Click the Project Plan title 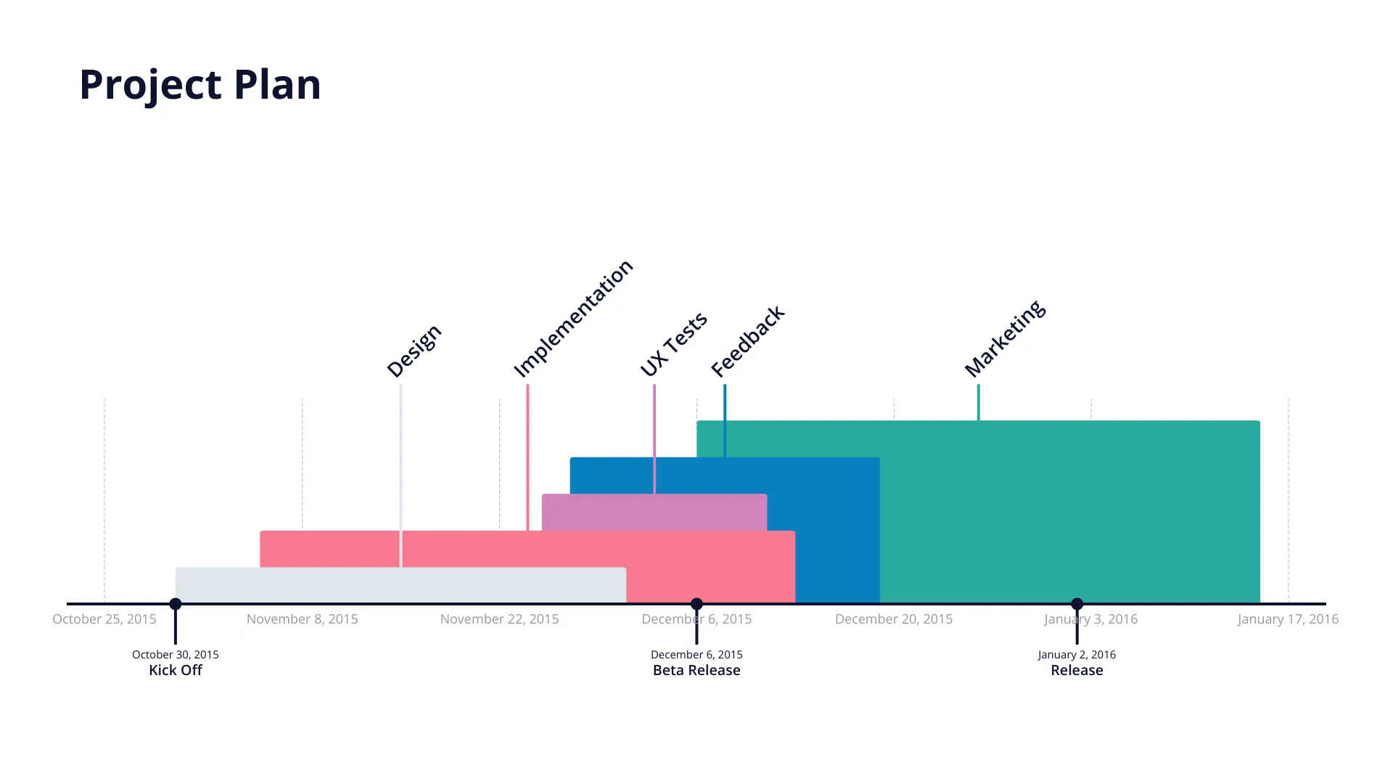[200, 84]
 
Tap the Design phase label [414, 351]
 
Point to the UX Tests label [673, 344]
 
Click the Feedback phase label [747, 341]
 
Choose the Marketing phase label [1005, 338]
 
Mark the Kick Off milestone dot [176, 604]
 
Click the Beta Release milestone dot [696, 604]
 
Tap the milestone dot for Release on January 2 [1077, 604]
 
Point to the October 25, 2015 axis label [104, 619]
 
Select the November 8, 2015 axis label [303, 619]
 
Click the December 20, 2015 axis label [894, 619]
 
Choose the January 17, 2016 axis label [1288, 619]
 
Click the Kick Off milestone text [176, 670]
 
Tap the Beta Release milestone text [696, 670]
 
